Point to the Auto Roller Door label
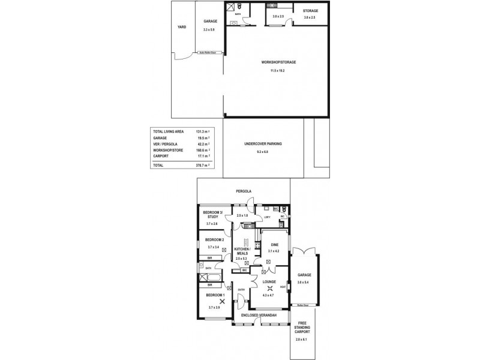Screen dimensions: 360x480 pyautogui.click(x=208, y=53)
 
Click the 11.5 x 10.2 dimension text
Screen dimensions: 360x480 pyautogui.click(x=277, y=71)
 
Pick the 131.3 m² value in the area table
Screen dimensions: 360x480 pyautogui.click(x=202, y=131)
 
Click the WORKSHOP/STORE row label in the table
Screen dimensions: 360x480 pyautogui.click(x=167, y=149)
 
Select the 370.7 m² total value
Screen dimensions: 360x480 pyautogui.click(x=202, y=164)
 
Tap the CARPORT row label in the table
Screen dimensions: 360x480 pyautogui.click(x=160, y=155)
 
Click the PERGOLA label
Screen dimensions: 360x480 pyautogui.click(x=244, y=191)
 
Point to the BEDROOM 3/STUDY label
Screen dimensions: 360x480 pyautogui.click(x=212, y=215)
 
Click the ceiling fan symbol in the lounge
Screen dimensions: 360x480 pyautogui.click(x=268, y=287)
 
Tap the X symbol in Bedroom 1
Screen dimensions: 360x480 pyautogui.click(x=221, y=302)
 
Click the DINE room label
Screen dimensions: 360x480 pyautogui.click(x=274, y=245)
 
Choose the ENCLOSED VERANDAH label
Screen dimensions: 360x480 pyautogui.click(x=259, y=314)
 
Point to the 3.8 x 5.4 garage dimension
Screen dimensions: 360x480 pyautogui.click(x=303, y=282)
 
